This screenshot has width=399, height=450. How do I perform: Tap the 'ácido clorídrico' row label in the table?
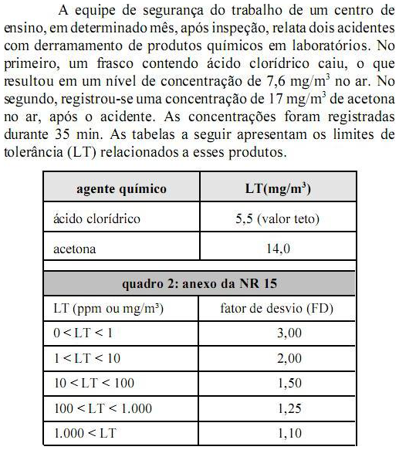97,218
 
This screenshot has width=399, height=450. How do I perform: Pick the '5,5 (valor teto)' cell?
277,218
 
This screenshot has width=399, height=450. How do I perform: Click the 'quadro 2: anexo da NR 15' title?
200,283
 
